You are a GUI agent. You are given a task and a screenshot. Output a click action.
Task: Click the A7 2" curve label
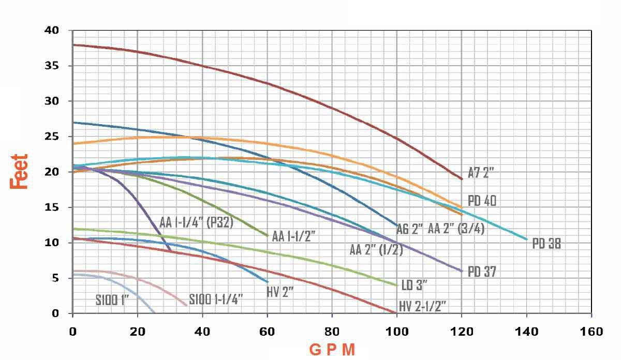(481, 174)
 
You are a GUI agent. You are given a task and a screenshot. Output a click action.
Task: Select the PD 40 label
(482, 201)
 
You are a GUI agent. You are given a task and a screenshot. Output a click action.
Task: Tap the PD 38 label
(546, 244)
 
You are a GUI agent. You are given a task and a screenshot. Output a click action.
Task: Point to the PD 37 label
(482, 271)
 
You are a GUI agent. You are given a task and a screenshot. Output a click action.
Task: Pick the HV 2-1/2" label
(422, 306)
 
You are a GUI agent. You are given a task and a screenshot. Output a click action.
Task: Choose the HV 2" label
(280, 292)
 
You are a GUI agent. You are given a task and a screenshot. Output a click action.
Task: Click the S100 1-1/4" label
(216, 299)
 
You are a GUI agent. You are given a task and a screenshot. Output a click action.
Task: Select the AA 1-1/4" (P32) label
(197, 223)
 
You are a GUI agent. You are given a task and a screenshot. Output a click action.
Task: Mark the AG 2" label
(410, 229)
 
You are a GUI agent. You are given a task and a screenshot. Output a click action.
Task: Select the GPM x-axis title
(332, 350)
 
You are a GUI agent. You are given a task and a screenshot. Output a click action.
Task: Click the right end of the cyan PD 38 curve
(526, 239)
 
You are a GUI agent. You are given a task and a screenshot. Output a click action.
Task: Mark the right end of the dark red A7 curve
(462, 179)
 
